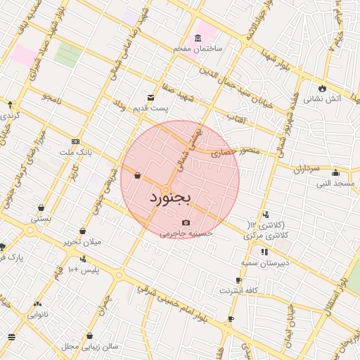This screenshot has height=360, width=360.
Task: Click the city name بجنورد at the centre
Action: (170, 200)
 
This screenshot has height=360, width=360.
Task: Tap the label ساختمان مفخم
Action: (199, 49)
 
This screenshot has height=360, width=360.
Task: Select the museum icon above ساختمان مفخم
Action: (199, 38)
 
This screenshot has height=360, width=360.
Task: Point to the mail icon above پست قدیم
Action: (150, 98)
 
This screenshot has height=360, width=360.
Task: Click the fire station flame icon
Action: (322, 89)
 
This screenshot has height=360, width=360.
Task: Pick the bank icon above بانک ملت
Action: (75, 141)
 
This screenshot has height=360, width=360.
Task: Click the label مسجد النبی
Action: (335, 184)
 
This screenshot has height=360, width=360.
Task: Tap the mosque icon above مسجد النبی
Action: (335, 173)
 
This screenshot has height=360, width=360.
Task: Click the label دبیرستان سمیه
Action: (266, 263)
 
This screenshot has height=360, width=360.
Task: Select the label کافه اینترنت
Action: (239, 290)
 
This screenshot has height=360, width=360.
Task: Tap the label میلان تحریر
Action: (82, 242)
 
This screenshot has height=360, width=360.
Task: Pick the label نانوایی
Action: (37, 315)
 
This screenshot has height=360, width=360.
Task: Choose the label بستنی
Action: (40, 219)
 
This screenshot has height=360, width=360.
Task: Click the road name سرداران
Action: (307, 169)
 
